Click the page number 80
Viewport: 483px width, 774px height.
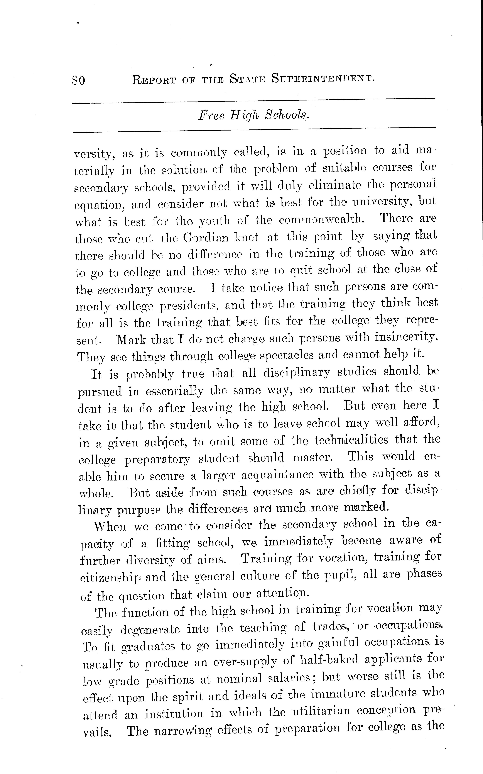click(x=79, y=80)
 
